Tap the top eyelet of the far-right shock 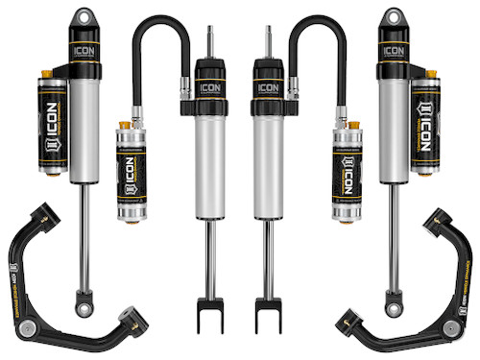(x=394, y=18)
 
